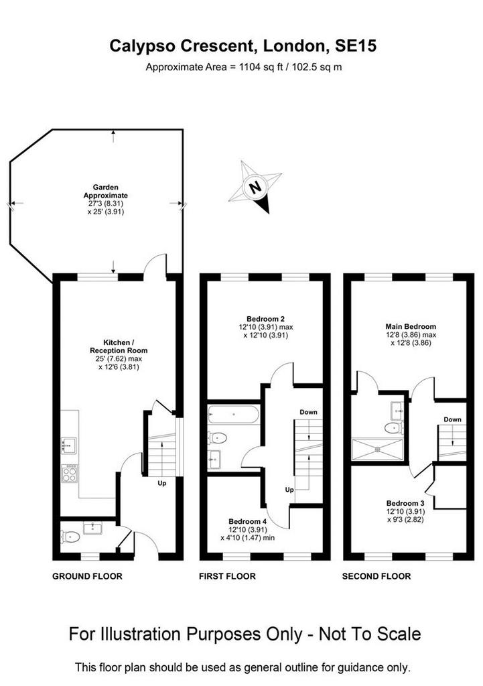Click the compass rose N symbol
255,187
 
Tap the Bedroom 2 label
265,319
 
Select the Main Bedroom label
411,326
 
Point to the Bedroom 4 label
247,521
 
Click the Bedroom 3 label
405,503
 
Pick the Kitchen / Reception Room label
119,346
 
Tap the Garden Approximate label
106,191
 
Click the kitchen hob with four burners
69,473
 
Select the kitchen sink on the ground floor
69,445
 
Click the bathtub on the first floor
233,414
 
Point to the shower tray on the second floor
377,450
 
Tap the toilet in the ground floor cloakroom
70,536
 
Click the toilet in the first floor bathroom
218,437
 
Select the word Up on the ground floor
162,484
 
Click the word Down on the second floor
452,419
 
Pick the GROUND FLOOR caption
87,576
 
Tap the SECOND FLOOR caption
376,576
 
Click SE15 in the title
356,46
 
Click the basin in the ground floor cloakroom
92,528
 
